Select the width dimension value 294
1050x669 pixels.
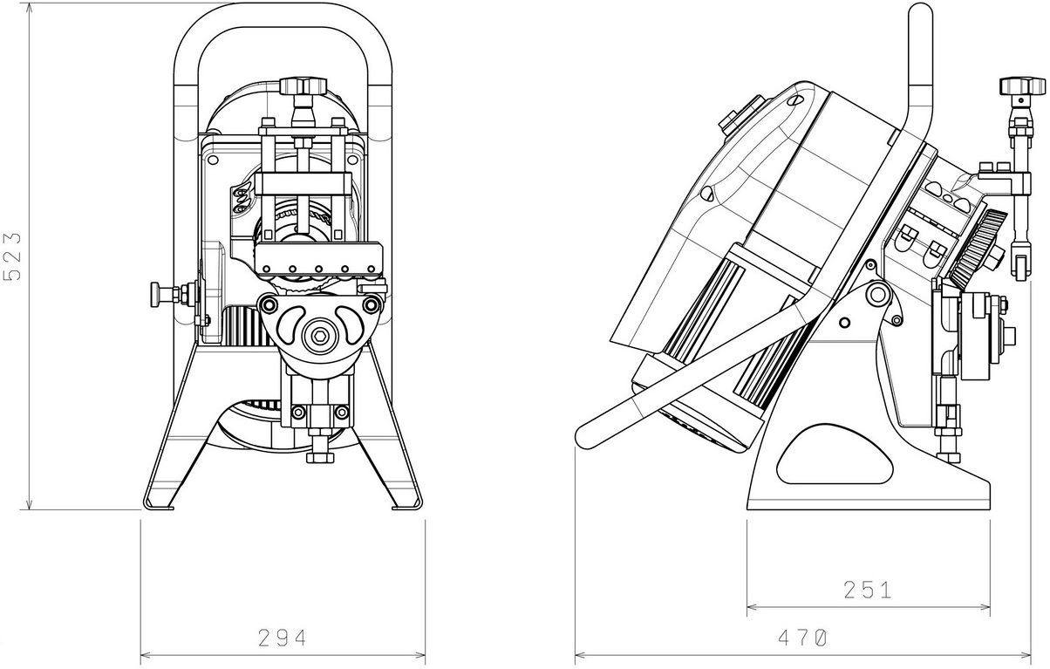click(283, 638)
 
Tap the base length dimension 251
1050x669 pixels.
click(867, 590)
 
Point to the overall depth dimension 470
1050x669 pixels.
click(801, 638)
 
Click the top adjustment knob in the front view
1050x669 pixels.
click(303, 86)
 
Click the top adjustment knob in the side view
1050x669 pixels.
click(1021, 85)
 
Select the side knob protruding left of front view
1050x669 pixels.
click(157, 293)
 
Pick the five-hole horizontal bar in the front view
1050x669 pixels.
click(319, 259)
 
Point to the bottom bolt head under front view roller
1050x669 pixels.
click(319, 456)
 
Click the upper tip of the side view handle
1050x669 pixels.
click(921, 10)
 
